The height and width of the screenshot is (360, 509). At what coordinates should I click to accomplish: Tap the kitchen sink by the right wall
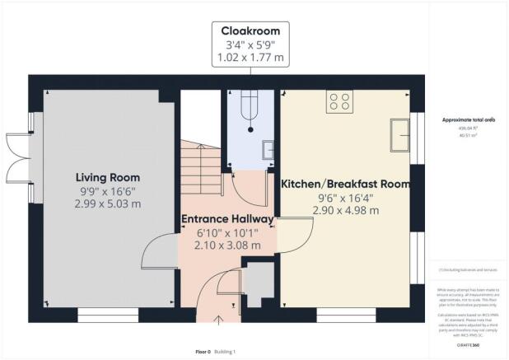(x=402, y=134)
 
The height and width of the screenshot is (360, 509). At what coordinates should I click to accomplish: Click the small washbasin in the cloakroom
(x=268, y=150)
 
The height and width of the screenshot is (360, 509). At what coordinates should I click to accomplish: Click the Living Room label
(x=108, y=177)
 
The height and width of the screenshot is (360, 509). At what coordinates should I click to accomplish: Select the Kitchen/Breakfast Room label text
(x=346, y=185)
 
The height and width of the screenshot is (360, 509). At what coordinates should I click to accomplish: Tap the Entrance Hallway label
(x=227, y=219)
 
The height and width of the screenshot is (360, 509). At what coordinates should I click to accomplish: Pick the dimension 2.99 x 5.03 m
(x=108, y=203)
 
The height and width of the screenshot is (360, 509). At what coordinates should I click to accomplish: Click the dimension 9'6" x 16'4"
(x=345, y=198)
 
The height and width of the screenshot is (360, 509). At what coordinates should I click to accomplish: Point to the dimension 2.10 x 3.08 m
(x=227, y=245)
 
